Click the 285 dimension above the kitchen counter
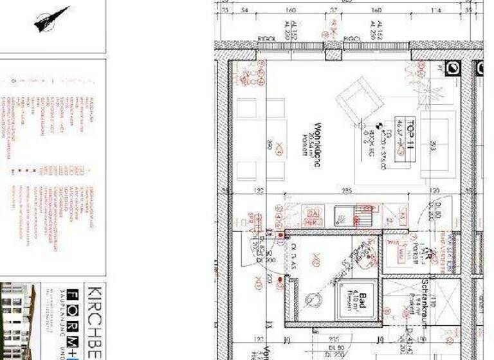(346, 191)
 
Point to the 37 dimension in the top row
(333, 11)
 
